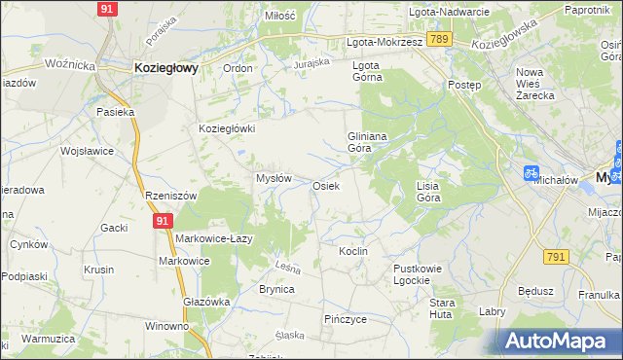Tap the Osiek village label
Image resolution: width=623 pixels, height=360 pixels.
point(326,185)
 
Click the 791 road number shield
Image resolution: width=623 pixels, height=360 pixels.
point(556,257)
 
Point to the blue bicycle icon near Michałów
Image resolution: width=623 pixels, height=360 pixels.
point(531,172)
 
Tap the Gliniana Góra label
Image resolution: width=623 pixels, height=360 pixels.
point(368,143)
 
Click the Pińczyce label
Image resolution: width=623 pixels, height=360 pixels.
point(346,318)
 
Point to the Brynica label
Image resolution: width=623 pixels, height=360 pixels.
point(276,289)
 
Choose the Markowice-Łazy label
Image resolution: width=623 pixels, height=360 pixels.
point(214,238)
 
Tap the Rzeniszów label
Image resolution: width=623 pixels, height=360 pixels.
point(170,196)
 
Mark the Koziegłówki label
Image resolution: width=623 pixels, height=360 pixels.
point(227,128)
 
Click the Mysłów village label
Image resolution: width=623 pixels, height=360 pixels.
point(274,178)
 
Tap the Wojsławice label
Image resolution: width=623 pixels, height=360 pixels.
point(88,151)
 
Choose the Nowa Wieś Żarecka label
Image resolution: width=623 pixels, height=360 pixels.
point(535,84)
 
